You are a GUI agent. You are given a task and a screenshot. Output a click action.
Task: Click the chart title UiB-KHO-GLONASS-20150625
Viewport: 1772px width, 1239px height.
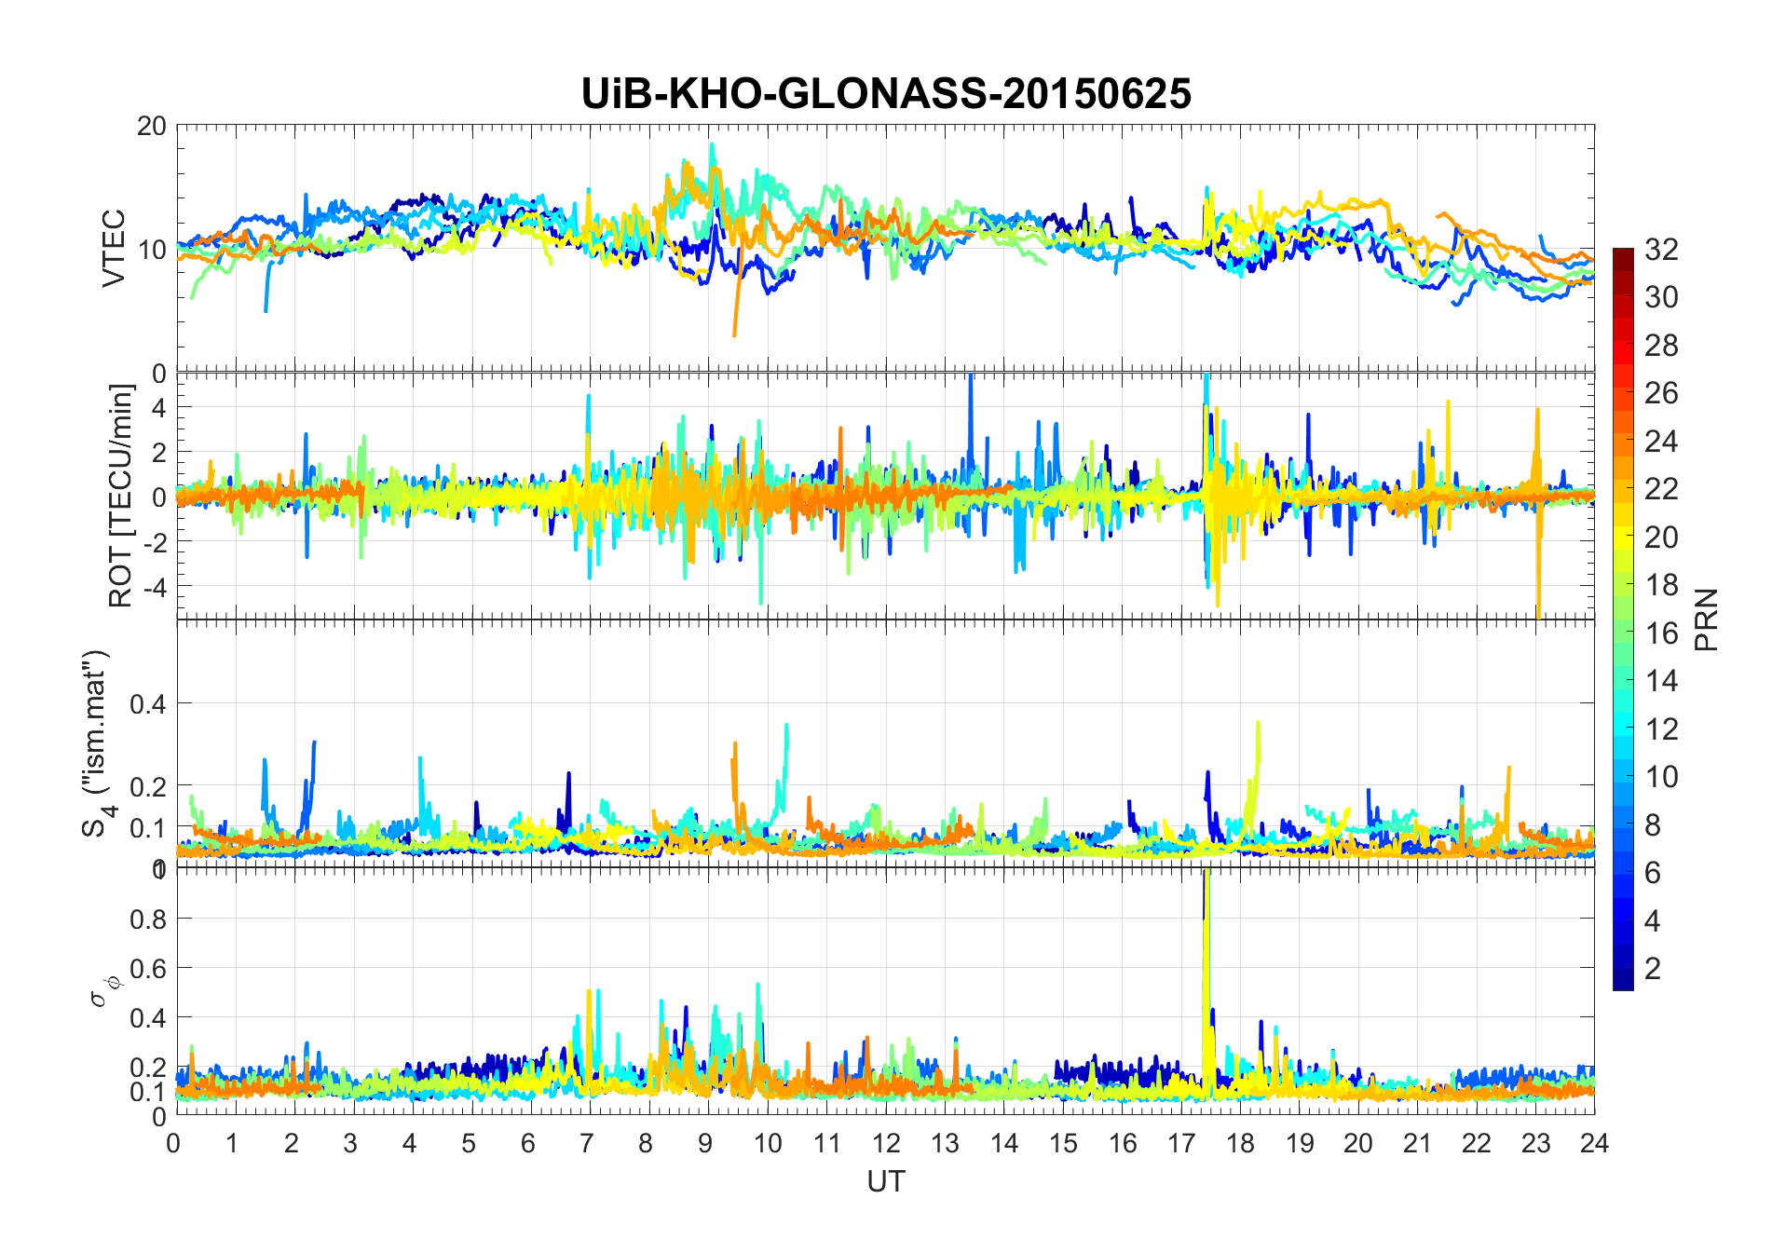885,94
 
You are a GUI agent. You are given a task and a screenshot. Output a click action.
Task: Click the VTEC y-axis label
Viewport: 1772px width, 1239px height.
114,249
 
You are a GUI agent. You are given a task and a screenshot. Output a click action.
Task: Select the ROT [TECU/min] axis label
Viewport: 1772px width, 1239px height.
121,496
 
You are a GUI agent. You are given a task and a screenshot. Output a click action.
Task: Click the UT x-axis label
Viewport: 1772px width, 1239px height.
885,1182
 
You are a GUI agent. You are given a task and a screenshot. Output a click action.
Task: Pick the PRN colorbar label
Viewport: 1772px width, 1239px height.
1706,619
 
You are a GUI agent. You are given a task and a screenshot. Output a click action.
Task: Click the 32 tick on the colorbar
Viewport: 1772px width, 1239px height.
1661,250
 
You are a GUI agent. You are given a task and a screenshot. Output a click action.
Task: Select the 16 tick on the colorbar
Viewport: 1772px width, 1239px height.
1661,633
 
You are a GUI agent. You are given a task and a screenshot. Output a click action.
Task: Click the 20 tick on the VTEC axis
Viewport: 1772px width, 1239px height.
151,126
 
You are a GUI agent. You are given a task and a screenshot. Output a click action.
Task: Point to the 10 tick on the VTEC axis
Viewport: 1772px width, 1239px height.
151,250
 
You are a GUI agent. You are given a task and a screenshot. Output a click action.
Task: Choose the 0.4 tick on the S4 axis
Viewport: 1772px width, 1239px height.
147,704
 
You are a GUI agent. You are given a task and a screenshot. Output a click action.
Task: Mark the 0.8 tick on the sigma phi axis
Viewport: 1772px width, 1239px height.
147,919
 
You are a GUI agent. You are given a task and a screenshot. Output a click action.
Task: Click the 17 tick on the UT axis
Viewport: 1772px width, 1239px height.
1181,1143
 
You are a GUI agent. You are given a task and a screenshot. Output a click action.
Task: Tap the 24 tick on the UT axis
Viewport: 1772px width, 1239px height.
1594,1143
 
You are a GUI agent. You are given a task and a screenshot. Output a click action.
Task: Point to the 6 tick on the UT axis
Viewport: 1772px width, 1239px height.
529,1143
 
